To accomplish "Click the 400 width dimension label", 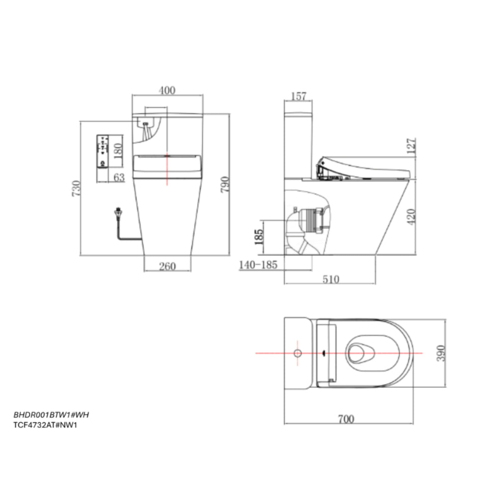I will coord(167,90).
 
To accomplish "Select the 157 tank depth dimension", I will coord(298,96).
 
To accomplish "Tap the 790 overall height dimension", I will coord(225,185).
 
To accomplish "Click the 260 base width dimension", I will coord(167,266).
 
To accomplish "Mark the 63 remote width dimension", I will coord(119,177).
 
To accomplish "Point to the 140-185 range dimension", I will coord(258,265).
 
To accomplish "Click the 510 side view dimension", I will coord(331,279).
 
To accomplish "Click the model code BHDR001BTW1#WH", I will coord(51,414).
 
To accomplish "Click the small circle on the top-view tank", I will coord(297,353).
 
